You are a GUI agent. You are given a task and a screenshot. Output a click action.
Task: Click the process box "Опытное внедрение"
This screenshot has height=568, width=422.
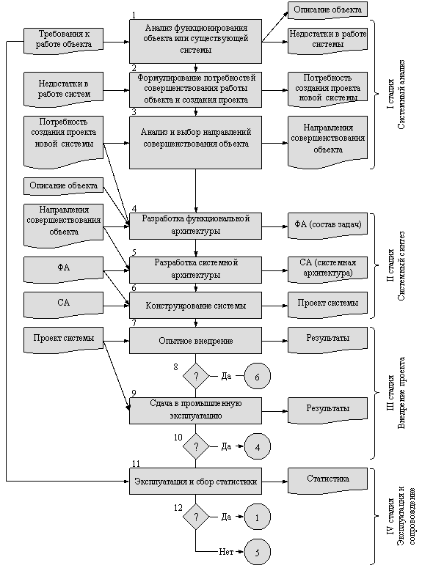195,341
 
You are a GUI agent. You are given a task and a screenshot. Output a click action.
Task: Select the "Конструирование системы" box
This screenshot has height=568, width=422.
195,306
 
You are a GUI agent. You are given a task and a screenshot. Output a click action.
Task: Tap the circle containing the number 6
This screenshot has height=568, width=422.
258,377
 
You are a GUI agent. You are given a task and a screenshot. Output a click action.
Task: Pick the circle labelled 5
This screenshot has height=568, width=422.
258,552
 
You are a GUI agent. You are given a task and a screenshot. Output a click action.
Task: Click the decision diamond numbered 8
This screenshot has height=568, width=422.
196,377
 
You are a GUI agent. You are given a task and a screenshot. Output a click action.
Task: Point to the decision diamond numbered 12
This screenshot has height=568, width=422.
196,517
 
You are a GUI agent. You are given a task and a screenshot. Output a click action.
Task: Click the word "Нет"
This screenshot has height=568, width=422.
226,552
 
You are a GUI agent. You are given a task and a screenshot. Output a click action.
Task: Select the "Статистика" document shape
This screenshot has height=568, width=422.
327,481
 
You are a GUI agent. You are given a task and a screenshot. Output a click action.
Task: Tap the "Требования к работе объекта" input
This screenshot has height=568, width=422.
64,41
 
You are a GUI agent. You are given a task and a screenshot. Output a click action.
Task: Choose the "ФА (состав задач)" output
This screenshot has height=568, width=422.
327,226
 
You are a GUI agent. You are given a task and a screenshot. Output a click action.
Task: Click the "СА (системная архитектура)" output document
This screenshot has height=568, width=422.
327,270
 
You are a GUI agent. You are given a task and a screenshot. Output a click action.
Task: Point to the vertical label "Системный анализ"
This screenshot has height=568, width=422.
401,95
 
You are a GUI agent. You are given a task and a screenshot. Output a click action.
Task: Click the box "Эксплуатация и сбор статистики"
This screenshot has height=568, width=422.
195,481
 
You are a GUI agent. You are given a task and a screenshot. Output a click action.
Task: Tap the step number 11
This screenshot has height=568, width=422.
136,464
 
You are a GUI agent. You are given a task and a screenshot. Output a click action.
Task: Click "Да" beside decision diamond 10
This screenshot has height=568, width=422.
226,446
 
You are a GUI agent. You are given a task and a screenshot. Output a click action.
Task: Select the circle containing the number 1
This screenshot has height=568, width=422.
258,517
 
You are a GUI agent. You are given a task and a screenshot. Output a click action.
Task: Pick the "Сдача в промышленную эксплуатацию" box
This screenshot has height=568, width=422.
195,410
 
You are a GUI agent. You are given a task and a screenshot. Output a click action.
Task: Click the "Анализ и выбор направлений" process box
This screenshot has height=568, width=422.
195,142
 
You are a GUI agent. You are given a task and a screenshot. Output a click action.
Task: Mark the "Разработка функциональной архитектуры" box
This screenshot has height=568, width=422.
195,226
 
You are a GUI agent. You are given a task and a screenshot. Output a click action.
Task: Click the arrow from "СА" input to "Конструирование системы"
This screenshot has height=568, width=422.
117,306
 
